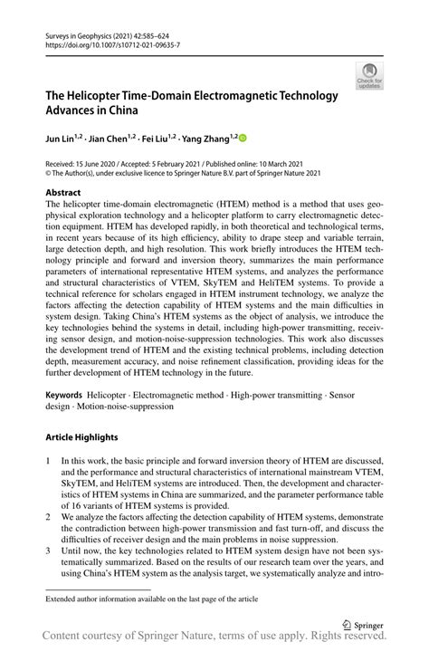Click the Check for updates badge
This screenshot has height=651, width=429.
(x=369, y=76)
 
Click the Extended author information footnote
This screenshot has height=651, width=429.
(x=148, y=599)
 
